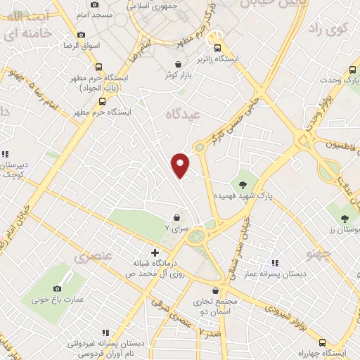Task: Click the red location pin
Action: point(181,165)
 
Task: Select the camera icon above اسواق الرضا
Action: point(81,34)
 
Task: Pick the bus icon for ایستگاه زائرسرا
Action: point(219,44)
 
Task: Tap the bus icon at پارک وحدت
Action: point(352,70)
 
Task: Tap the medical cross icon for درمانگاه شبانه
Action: point(155,251)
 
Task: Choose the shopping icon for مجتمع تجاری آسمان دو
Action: point(216,289)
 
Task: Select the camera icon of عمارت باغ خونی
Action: point(58,288)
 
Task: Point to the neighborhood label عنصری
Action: point(98,257)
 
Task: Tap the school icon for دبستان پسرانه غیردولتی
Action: point(105,333)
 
